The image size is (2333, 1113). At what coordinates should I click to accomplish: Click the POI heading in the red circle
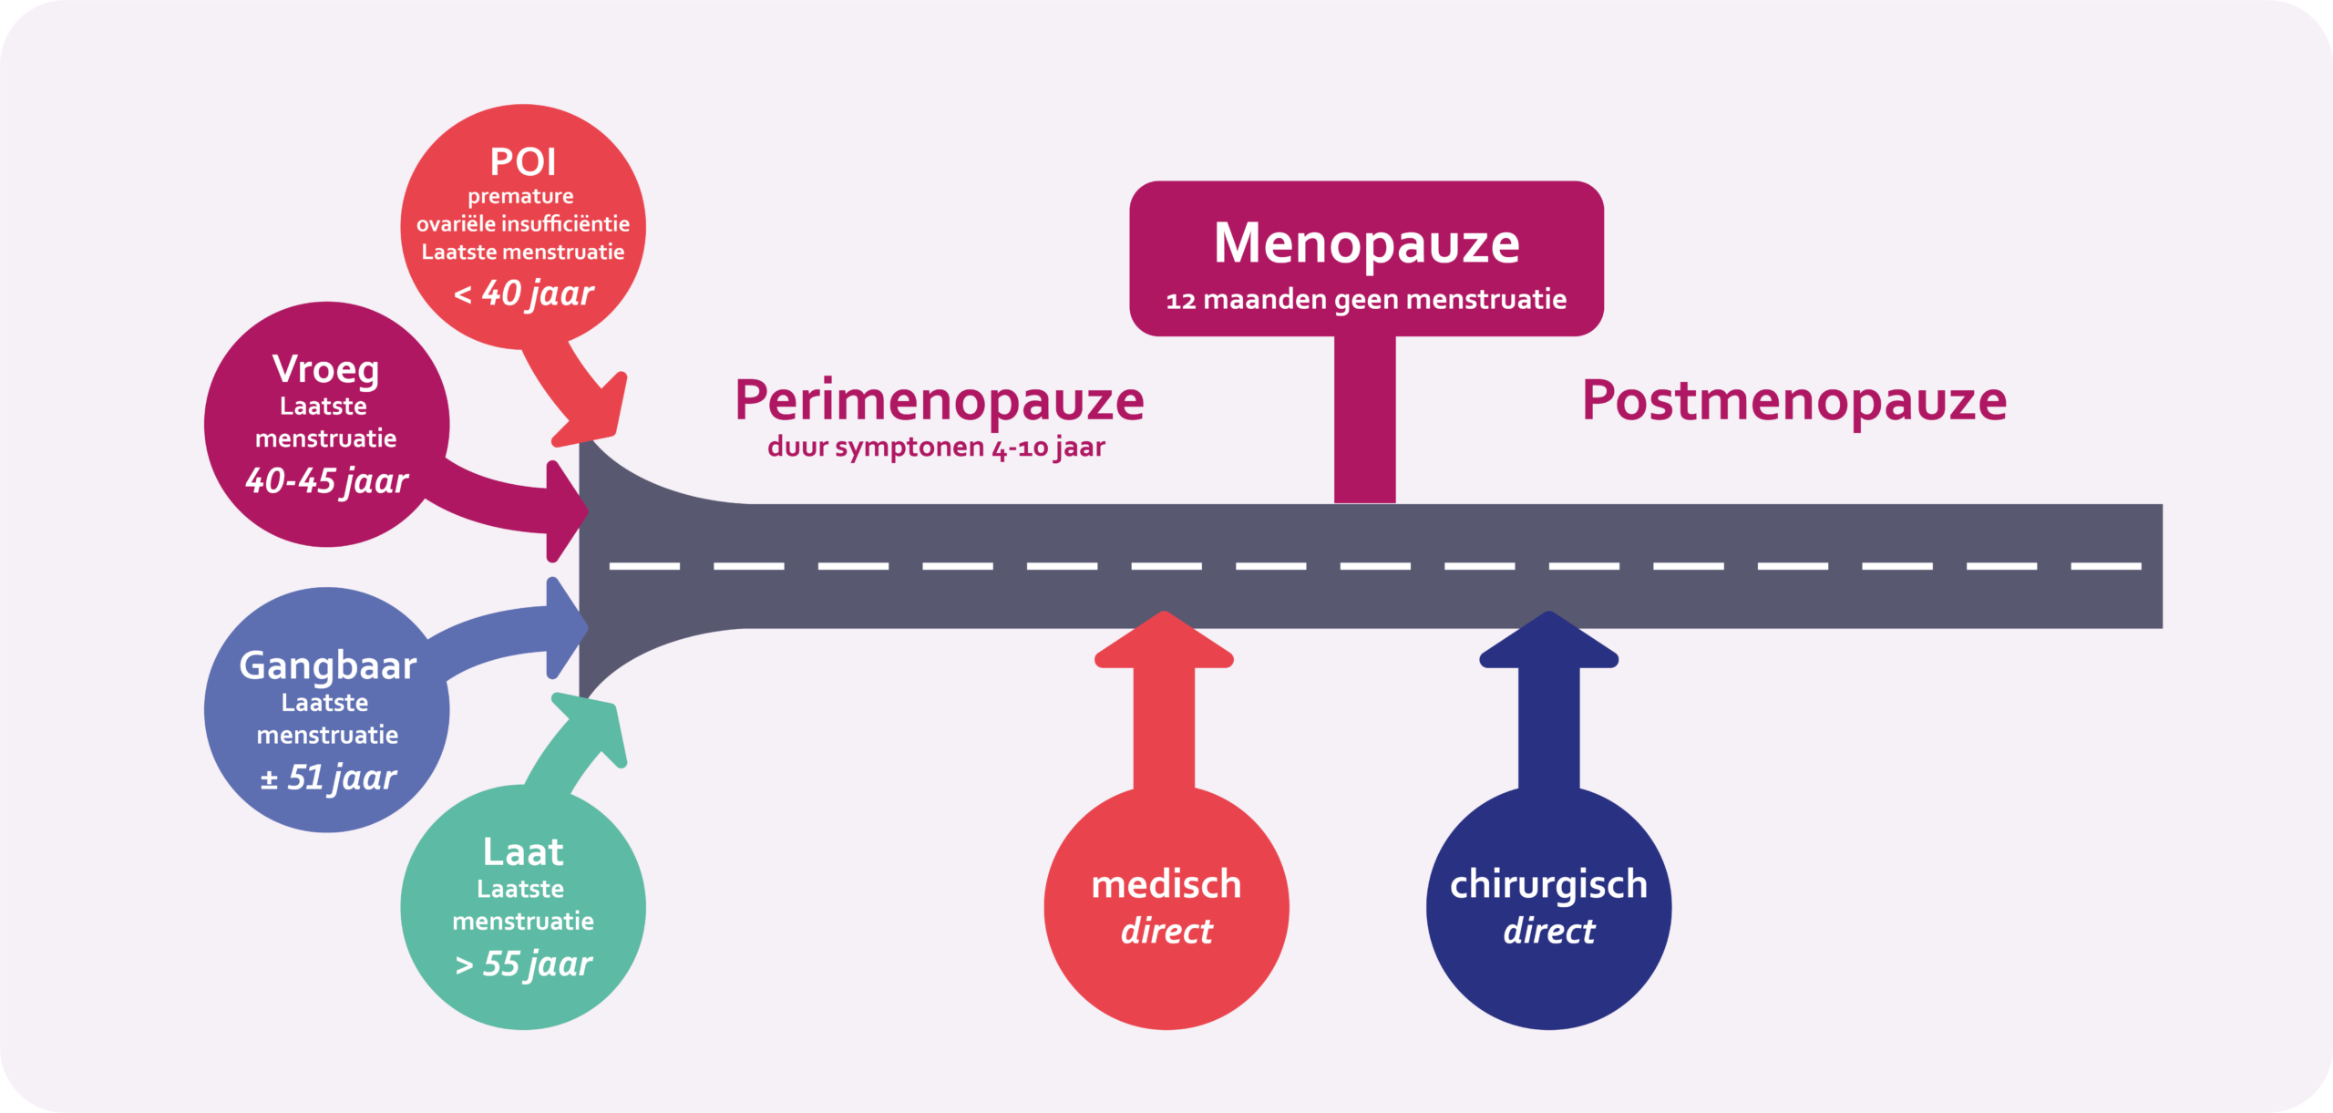pos(522,162)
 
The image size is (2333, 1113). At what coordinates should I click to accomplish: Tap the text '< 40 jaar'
pos(524,294)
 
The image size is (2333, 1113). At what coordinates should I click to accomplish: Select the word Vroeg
pos(325,369)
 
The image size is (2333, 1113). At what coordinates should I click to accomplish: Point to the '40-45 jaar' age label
pos(326,480)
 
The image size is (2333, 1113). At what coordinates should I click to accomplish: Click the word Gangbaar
pos(327,665)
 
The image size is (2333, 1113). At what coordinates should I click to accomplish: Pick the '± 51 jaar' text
pos(328,778)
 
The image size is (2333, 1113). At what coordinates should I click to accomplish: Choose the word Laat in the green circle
pos(522,852)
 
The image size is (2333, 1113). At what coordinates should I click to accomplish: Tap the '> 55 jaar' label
pos(523,964)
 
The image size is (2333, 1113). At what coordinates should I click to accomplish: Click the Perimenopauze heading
pos(939,401)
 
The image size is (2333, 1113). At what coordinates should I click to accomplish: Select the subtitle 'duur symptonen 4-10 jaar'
pos(936,448)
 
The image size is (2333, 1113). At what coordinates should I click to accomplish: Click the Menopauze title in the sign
pos(1366,243)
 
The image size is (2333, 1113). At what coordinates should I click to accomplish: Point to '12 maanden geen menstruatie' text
pos(1366,300)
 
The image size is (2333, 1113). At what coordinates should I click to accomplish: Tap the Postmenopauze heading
pos(1793,401)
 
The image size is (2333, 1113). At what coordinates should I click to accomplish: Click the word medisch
pos(1166,885)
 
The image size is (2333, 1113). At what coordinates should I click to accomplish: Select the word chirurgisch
pos(1548,885)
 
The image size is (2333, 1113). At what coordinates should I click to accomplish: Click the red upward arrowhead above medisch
pos(1164,642)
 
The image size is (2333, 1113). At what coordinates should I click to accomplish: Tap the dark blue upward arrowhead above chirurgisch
pos(1548,642)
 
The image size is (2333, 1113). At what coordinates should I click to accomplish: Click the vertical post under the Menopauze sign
pos(1364,419)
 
